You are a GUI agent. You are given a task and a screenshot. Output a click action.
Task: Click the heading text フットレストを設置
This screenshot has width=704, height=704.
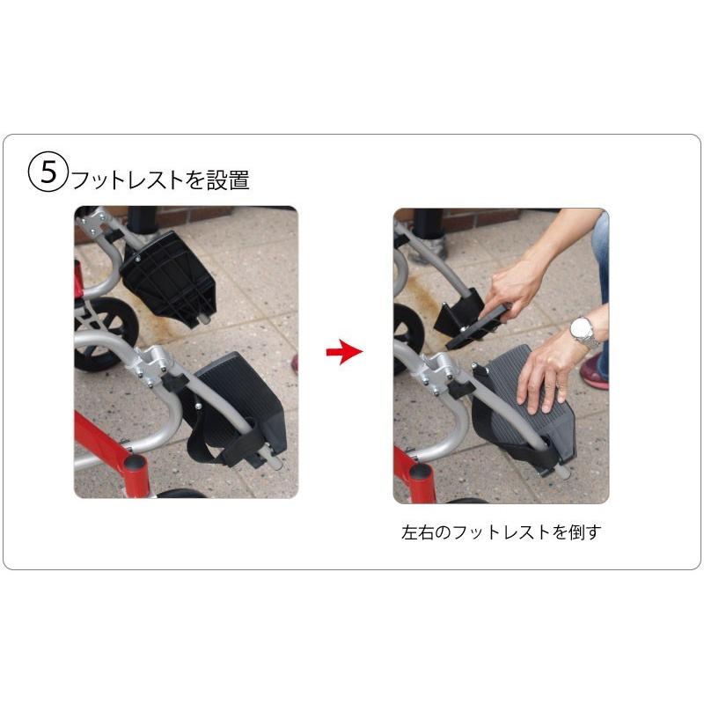coord(160,180)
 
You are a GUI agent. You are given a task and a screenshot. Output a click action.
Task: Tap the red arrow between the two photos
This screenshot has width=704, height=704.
coord(344,353)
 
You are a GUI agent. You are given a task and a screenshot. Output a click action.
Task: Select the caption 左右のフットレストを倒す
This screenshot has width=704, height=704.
coord(500,532)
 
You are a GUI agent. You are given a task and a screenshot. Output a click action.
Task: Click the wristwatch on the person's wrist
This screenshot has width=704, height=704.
coord(583,332)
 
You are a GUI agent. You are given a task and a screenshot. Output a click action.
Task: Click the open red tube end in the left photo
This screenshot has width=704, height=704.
coord(135,464)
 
